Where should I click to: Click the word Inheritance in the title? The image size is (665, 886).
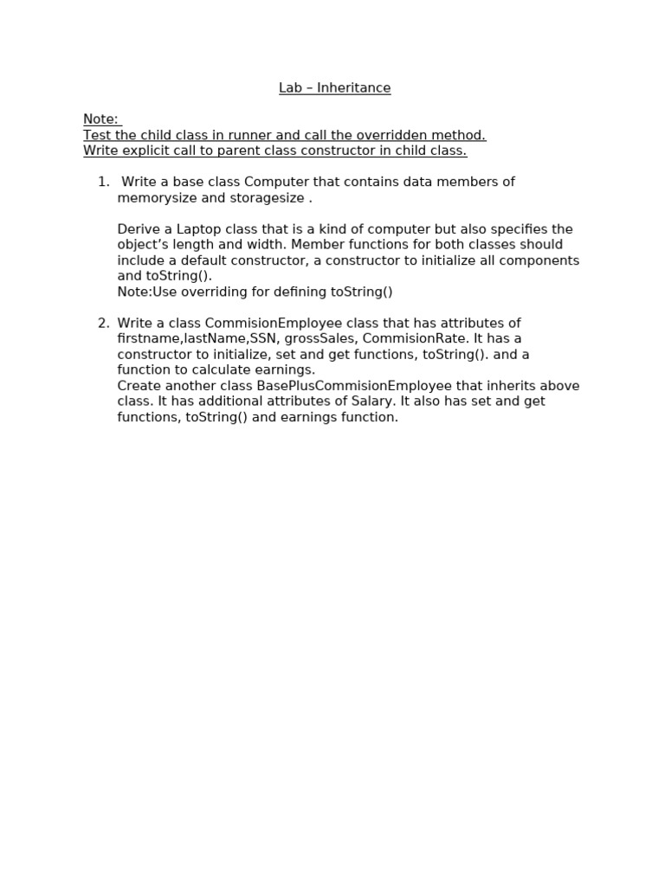[353, 88]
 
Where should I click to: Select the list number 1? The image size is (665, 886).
[103, 182]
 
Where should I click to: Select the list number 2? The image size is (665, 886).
[103, 324]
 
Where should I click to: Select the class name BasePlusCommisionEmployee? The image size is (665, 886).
[354, 386]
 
